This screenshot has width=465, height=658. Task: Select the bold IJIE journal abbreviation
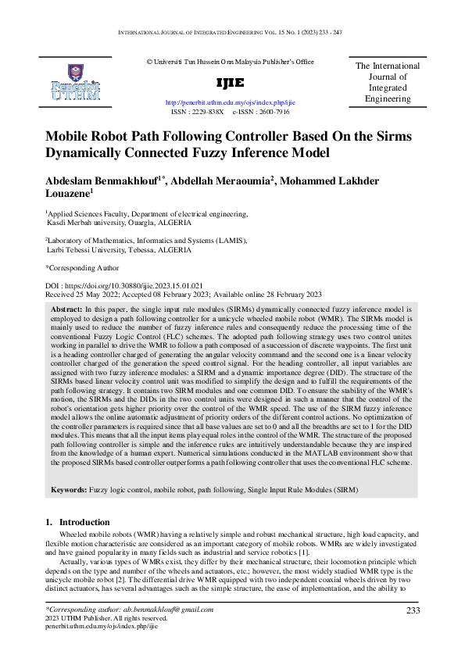coord(230,83)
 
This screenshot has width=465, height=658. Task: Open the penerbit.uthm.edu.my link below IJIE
coord(231,102)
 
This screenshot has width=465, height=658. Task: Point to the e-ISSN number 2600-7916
coord(272,112)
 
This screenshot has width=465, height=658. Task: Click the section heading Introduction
coord(85,522)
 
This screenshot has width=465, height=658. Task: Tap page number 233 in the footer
coord(414,610)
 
